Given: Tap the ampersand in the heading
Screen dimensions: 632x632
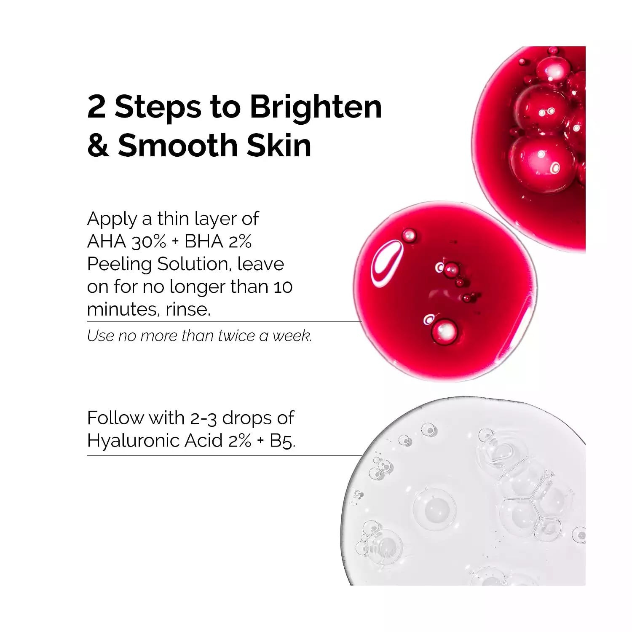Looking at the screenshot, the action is tap(98, 145).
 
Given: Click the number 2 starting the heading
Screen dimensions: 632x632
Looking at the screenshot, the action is tap(96, 107).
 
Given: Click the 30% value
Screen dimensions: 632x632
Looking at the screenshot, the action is tap(149, 241).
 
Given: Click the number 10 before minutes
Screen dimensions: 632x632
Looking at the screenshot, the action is tap(283, 287).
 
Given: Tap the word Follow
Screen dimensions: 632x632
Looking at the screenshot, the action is tap(115, 418).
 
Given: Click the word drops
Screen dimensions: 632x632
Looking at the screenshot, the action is tap(246, 419).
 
